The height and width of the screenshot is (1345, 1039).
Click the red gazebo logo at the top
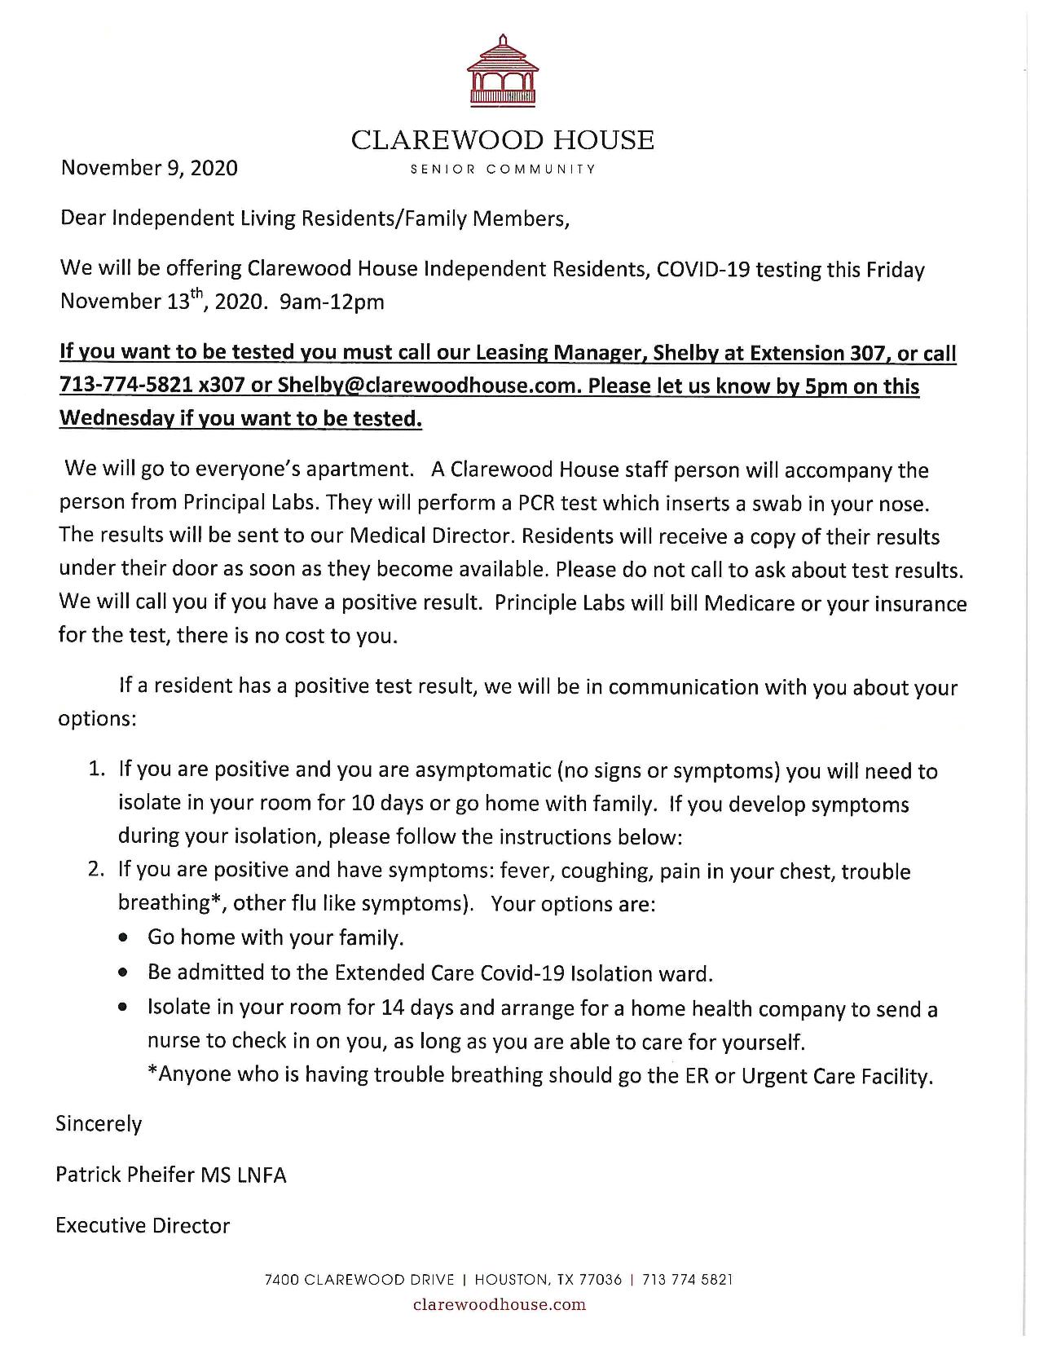coord(502,72)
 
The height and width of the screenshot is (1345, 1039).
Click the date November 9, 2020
coord(150,168)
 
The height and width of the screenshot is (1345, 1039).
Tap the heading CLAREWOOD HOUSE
coord(502,140)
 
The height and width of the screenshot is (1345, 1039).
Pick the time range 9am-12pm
coord(332,302)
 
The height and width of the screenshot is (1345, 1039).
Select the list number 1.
coord(97,770)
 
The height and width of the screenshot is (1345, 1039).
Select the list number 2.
coord(97,869)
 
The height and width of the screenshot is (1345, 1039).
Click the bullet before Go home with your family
coord(122,938)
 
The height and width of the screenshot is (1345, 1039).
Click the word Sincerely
coord(99,1124)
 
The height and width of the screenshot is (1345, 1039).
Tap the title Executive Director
coord(143,1226)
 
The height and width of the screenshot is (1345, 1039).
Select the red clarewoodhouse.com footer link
coord(500,1305)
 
